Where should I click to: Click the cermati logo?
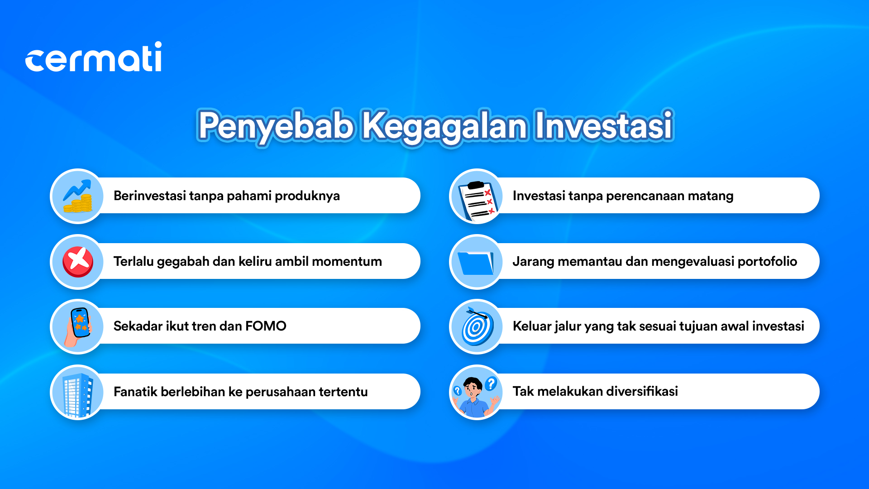[x=93, y=57]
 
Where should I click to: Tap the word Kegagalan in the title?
[x=444, y=127]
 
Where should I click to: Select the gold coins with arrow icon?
[x=78, y=196]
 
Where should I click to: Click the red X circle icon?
[x=78, y=262]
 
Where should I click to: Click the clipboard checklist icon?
[x=478, y=200]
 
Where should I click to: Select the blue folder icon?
[x=476, y=263]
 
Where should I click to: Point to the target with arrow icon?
[x=477, y=326]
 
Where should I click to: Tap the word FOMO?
[x=266, y=326]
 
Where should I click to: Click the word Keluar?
[x=528, y=326]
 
